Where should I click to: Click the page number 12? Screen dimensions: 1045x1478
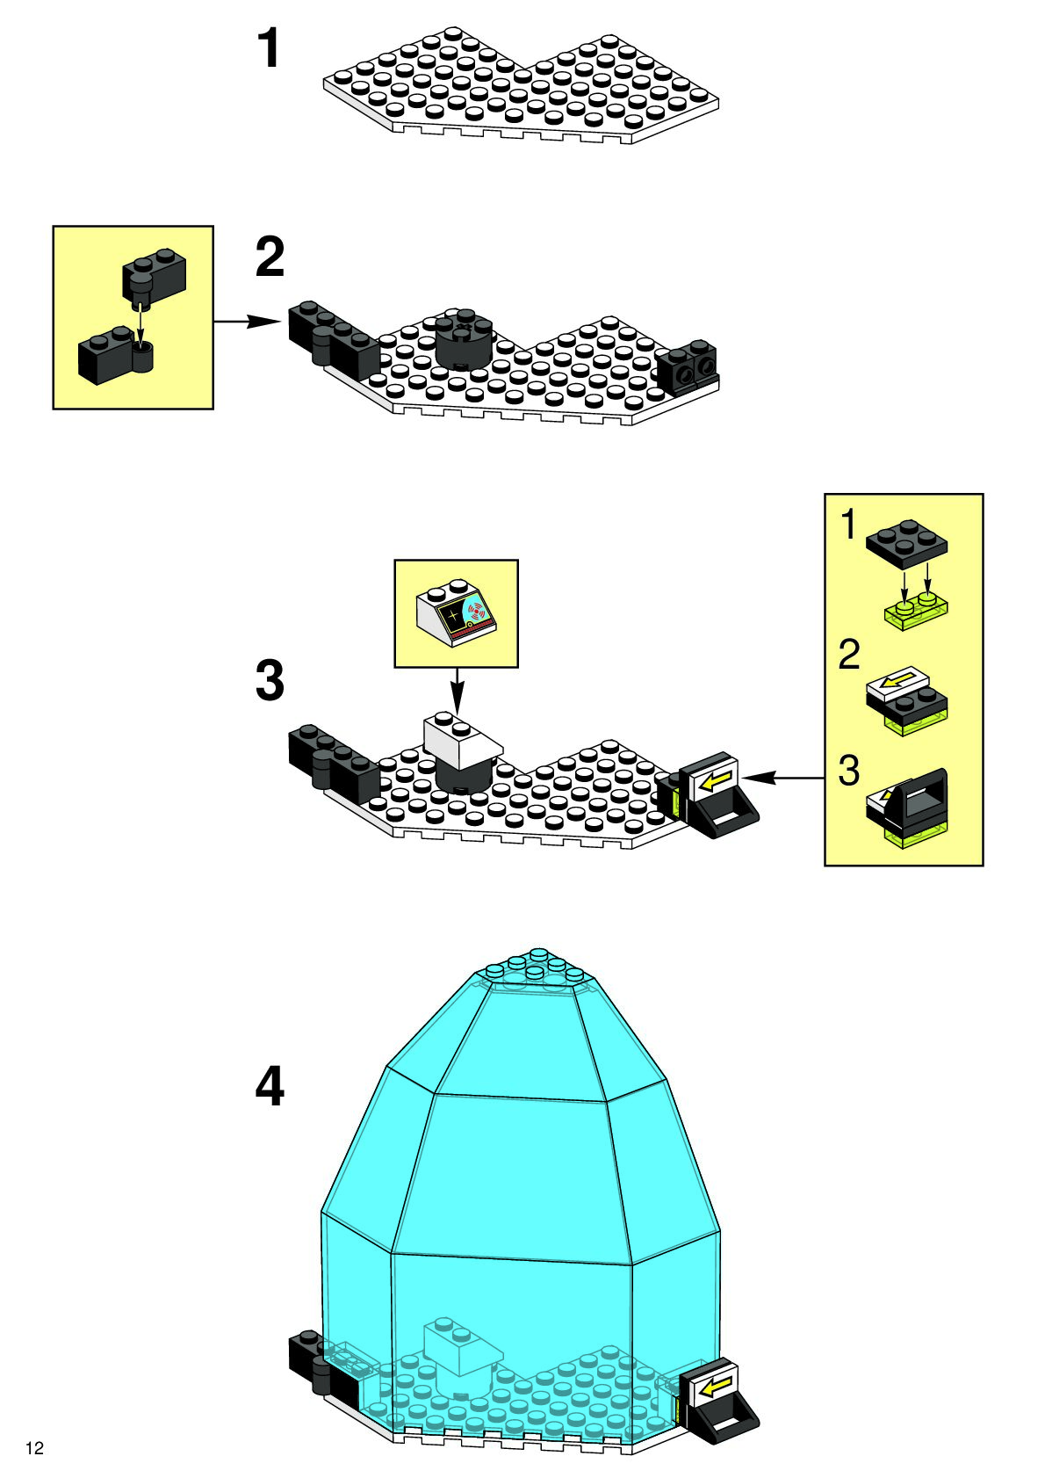click(34, 1448)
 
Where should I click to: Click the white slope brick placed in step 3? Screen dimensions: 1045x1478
click(460, 737)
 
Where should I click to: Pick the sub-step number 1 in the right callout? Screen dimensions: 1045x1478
click(847, 525)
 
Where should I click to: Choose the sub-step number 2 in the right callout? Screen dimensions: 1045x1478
click(848, 656)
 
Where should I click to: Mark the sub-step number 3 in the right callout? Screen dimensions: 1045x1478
click(848, 771)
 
